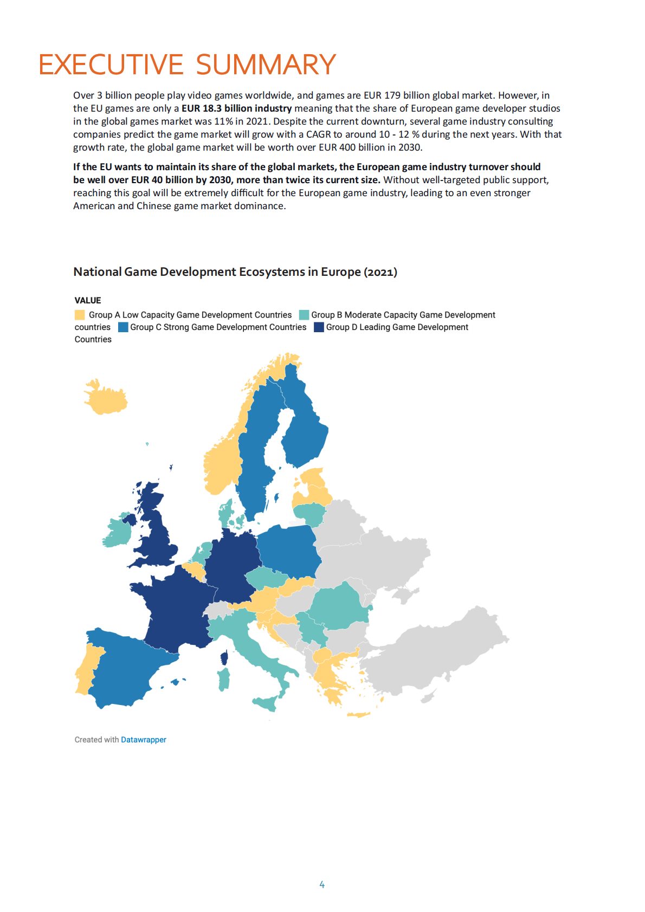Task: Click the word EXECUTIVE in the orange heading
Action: tap(111, 65)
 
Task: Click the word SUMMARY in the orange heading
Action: tap(266, 65)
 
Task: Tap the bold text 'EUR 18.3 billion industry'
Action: tap(236, 108)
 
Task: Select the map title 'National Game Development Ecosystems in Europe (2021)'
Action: tap(235, 272)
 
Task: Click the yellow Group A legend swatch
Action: tap(80, 315)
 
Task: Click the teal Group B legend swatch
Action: tap(304, 315)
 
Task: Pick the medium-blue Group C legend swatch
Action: tap(123, 327)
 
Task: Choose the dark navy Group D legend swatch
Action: tap(319, 327)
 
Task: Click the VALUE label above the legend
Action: tap(88, 301)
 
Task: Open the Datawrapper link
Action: tap(144, 740)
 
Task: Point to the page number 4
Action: tap(322, 885)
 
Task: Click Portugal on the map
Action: tap(85, 672)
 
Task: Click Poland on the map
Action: tap(287, 550)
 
